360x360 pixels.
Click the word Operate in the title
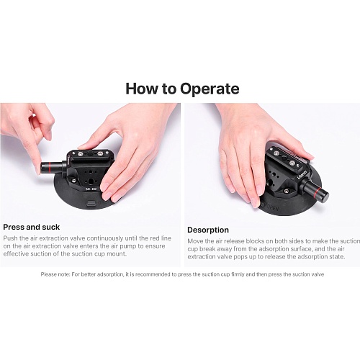[x=210, y=89]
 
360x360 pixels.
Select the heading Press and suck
[x=32, y=227]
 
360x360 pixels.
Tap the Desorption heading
[x=208, y=230]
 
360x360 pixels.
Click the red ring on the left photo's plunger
[x=48, y=167]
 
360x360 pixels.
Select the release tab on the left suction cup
[x=91, y=203]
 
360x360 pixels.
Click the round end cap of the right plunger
[x=324, y=196]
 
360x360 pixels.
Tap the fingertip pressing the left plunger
[x=37, y=170]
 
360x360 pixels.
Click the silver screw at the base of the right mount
[x=286, y=191]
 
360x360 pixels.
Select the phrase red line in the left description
[x=161, y=238]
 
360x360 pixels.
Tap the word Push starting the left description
[x=11, y=238]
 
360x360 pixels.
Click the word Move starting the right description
[x=196, y=241]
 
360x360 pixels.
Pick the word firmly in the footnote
[x=238, y=274]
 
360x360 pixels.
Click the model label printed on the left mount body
[x=91, y=189]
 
